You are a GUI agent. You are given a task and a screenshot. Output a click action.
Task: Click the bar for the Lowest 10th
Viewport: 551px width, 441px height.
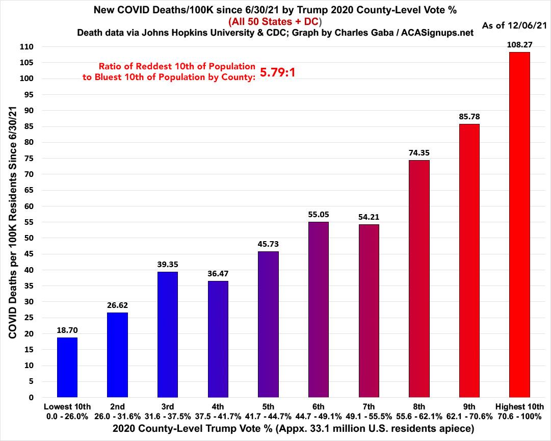pos(67,367)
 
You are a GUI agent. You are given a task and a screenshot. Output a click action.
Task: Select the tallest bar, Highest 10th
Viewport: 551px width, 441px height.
pos(519,224)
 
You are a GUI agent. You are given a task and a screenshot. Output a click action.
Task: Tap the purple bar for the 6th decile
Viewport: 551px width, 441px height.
pos(319,309)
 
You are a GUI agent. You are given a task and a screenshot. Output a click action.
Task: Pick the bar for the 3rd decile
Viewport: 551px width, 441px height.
pos(168,334)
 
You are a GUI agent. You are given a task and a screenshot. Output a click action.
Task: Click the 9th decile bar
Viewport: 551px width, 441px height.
pos(469,261)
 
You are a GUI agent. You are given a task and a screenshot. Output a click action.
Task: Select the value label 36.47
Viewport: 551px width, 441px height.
pos(218,273)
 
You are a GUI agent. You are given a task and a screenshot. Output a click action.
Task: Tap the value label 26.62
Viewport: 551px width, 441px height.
pos(117,305)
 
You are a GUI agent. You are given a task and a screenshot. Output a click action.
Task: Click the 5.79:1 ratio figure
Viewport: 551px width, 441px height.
pos(278,72)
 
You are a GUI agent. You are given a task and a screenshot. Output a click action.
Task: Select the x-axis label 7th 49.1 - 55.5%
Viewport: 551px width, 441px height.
pos(369,411)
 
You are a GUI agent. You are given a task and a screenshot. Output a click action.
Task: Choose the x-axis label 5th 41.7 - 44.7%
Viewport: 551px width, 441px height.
pos(268,411)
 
